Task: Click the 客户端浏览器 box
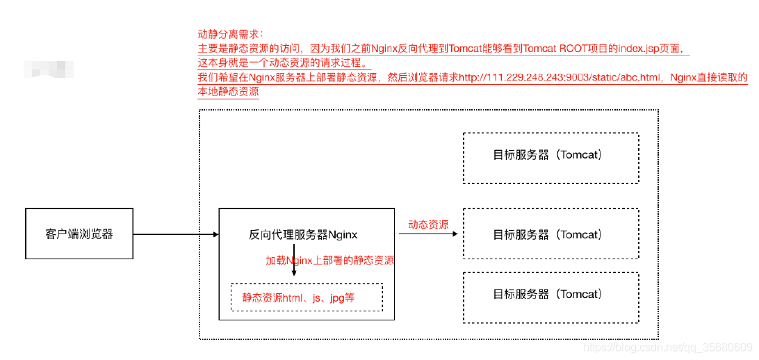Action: pos(79,234)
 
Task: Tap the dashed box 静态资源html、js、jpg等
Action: pos(306,297)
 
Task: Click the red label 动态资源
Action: pos(428,224)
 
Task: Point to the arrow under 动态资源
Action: pos(429,234)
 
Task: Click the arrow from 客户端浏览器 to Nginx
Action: pos(174,234)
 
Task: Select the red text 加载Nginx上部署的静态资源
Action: pos(330,261)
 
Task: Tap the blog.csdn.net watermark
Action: pos(667,346)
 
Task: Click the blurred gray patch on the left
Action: pos(49,69)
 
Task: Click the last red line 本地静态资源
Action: pos(228,92)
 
